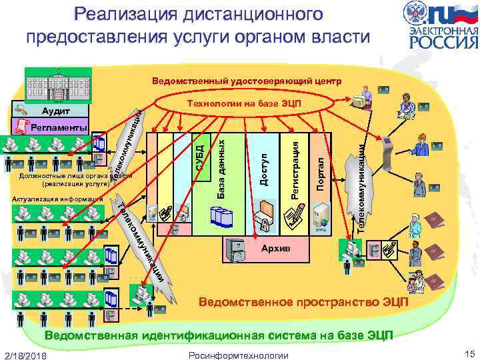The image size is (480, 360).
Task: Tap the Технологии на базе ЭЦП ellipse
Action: tap(244, 105)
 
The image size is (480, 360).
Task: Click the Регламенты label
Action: tap(59, 127)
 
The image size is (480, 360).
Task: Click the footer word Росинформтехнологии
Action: tap(239, 355)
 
